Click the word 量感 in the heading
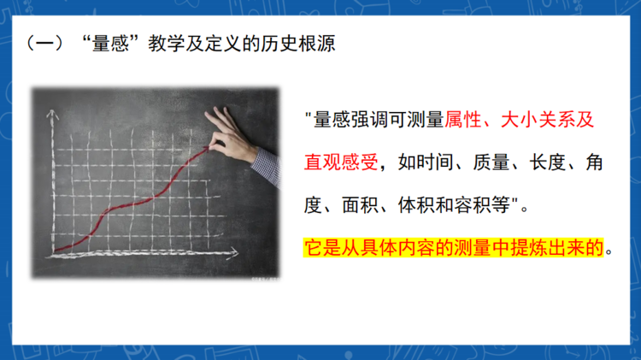click(110, 44)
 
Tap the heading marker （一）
click(45, 44)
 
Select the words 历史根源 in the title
click(298, 44)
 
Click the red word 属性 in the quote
click(463, 120)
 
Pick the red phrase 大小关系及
click(547, 120)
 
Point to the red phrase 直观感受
click(341, 162)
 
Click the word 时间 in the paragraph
click(435, 162)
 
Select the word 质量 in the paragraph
click(491, 162)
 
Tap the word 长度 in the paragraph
click(547, 162)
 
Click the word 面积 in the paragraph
click(360, 205)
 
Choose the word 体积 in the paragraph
click(416, 205)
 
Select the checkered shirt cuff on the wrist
click(266, 167)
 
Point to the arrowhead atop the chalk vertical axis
click(52, 114)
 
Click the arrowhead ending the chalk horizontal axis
click(233, 253)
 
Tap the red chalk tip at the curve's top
click(207, 150)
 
